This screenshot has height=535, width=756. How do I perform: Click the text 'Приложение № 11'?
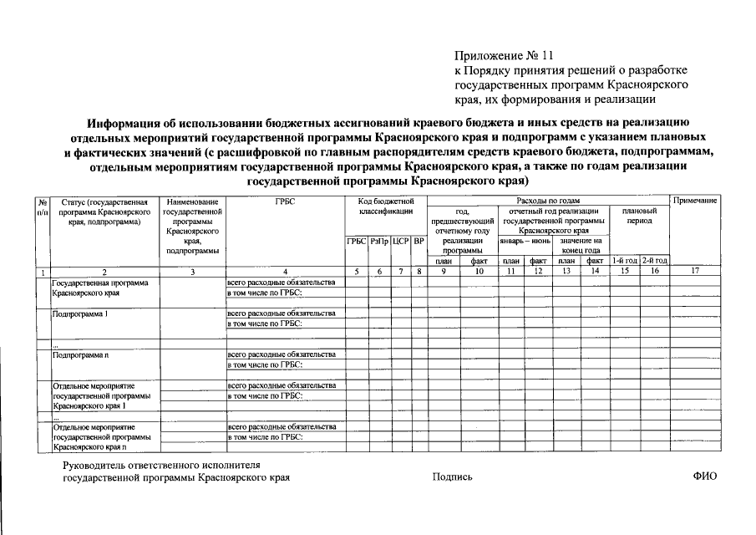pos(504,56)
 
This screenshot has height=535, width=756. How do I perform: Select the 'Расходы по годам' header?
pos(548,201)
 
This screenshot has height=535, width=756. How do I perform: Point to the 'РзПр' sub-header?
pos(379,242)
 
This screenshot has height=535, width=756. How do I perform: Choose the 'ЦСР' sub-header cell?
pos(399,242)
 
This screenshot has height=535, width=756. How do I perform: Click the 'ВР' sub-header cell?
pos(419,242)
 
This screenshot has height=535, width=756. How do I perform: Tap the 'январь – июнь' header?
pos(522,242)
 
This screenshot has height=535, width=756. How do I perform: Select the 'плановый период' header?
pos(639,217)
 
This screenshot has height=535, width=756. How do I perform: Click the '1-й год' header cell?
pos(625,261)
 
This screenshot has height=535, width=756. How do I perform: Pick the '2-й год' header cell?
pos(654,261)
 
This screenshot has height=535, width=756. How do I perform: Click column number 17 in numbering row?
pos(696,271)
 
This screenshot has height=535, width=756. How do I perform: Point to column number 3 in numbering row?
pos(192,271)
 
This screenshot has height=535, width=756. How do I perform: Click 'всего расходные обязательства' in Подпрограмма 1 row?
pos(281,313)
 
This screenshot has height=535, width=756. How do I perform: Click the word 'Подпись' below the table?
pos(452,477)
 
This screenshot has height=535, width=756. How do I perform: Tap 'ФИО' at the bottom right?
pos(704,476)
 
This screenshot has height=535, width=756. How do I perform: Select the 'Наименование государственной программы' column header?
pos(192,226)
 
